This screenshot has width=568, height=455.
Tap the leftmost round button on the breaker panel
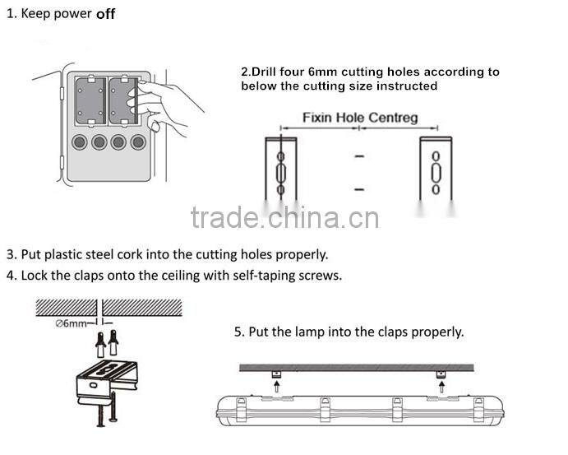pyautogui.click(x=80, y=142)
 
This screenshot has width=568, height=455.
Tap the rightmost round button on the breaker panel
pyautogui.click(x=138, y=142)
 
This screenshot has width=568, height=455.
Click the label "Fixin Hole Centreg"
pyautogui.click(x=359, y=118)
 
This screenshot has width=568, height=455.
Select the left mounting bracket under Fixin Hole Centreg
pyautogui.click(x=280, y=169)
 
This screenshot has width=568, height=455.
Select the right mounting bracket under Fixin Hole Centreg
pyautogui.click(x=435, y=169)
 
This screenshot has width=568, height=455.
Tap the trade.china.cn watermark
pyautogui.click(x=284, y=218)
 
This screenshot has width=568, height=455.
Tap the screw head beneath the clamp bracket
pyautogui.click(x=101, y=424)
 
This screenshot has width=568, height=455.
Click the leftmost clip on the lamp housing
pyautogui.click(x=241, y=407)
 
